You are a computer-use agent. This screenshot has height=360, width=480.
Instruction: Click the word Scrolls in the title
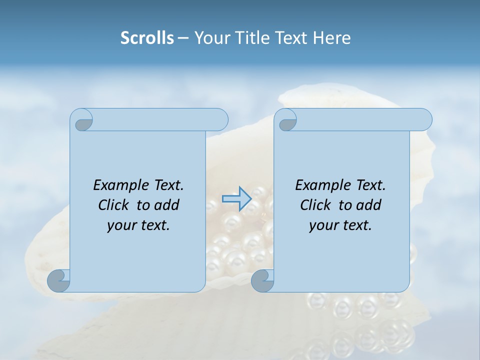(147, 38)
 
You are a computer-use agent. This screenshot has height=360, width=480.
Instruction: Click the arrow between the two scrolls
(236, 199)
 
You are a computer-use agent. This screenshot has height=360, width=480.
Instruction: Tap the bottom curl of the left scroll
(58, 280)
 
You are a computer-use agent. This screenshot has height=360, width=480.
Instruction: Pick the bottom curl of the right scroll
(262, 280)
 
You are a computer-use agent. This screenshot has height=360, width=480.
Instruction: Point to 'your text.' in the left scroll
(138, 225)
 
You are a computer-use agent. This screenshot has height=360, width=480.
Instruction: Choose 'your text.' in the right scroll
(340, 225)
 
